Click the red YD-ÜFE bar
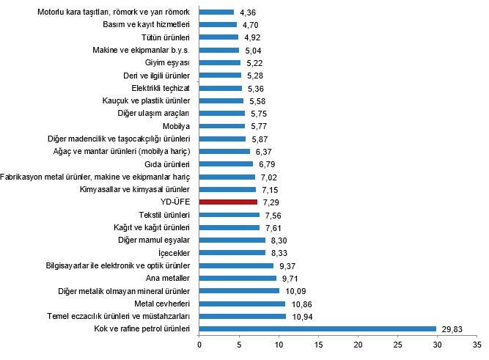click(x=228, y=202)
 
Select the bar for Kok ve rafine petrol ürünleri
click(x=317, y=328)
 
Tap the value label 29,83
click(x=452, y=329)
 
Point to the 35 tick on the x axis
click(x=477, y=345)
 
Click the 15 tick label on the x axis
click(x=318, y=345)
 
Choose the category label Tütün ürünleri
click(x=166, y=37)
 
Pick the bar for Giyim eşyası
click(x=220, y=63)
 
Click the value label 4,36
click(x=248, y=12)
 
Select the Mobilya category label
click(x=176, y=126)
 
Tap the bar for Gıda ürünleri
click(x=226, y=164)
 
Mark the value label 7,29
click(x=271, y=202)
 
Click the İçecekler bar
click(x=232, y=253)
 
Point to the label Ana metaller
click(x=168, y=278)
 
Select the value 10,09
click(x=295, y=291)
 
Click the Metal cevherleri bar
click(x=243, y=304)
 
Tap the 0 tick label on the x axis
click(x=199, y=345)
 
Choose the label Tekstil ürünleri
click(x=164, y=215)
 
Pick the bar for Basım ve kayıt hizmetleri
click(x=218, y=25)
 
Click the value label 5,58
click(x=257, y=101)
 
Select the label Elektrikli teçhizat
click(x=161, y=88)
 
